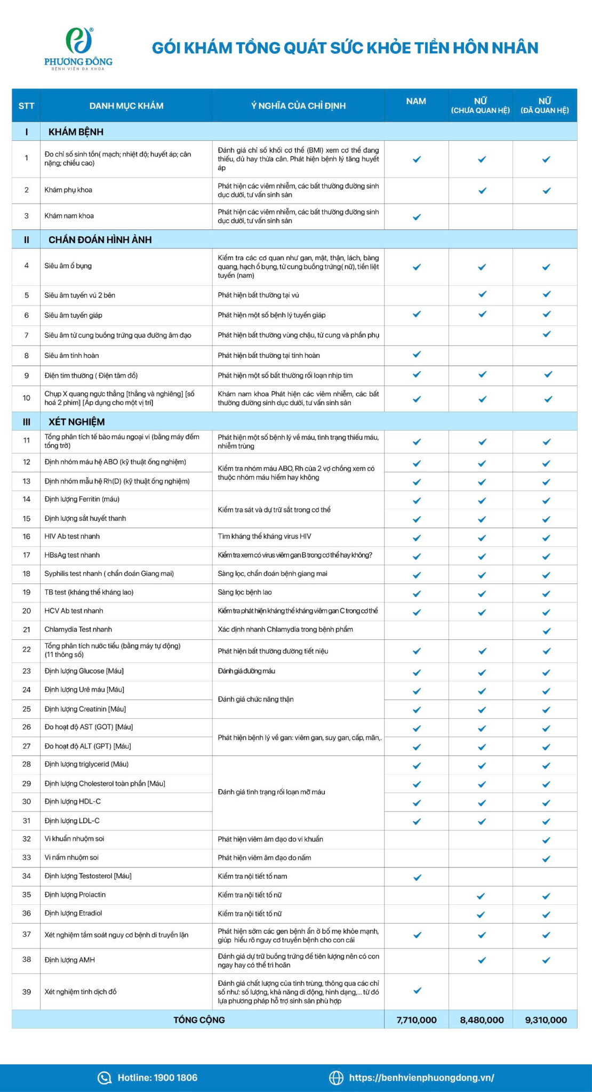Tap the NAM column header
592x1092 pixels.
point(416,101)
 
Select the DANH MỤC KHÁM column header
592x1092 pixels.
point(126,106)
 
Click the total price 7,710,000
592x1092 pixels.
point(417,1019)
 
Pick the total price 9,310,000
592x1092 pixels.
point(546,1019)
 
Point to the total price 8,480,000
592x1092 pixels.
point(482,1019)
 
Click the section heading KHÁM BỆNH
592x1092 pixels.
point(76,132)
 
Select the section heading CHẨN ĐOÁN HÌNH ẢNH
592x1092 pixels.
point(100,239)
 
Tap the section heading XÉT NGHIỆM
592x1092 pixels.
point(76,422)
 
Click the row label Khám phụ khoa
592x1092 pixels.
point(68,190)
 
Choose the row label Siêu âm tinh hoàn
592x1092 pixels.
point(71,355)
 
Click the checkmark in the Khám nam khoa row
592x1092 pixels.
point(417,216)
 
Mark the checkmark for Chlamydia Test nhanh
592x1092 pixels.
point(546,631)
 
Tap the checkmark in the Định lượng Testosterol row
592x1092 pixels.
point(417,877)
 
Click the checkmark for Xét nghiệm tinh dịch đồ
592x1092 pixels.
point(417,990)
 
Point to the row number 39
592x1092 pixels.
point(27,991)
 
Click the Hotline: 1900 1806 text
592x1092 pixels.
point(157,1077)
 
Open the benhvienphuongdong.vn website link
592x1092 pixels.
point(421,1077)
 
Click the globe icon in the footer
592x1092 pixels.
point(336,1078)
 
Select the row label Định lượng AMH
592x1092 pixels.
point(70,960)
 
